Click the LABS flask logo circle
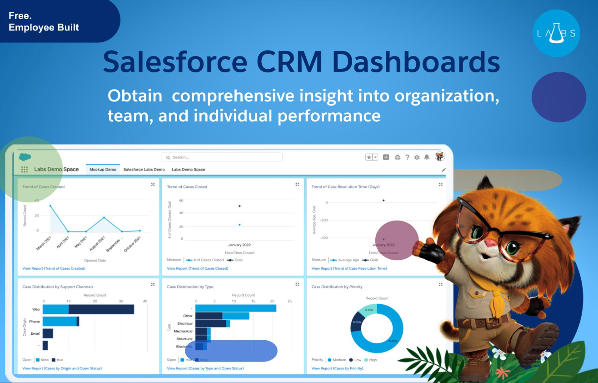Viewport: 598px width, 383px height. pyautogui.click(x=556, y=33)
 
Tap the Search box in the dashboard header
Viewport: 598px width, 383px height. pyautogui.click(x=222, y=157)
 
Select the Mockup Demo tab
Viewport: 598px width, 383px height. pyautogui.click(x=103, y=170)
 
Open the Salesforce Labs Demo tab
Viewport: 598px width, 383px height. pyautogui.click(x=144, y=170)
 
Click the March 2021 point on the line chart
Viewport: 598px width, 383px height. pyautogui.click(x=50, y=206)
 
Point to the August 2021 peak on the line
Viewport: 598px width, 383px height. pyautogui.click(x=104, y=217)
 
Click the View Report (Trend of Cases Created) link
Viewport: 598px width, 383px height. pyautogui.click(x=54, y=268)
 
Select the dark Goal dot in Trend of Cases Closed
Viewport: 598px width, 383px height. pyautogui.click(x=239, y=206)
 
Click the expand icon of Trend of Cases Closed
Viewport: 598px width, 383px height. pyautogui.click(x=297, y=185)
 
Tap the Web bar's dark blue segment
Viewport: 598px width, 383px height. pyautogui.click(x=101, y=309)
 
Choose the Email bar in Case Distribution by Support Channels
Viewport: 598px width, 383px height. pyautogui.click(x=48, y=333)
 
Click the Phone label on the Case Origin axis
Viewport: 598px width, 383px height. pyautogui.click(x=35, y=322)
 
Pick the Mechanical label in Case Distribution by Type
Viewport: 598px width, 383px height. pyautogui.click(x=183, y=331)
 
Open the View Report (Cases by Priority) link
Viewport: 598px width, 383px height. pyautogui.click(x=337, y=368)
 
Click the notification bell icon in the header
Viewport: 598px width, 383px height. pyautogui.click(x=427, y=157)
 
